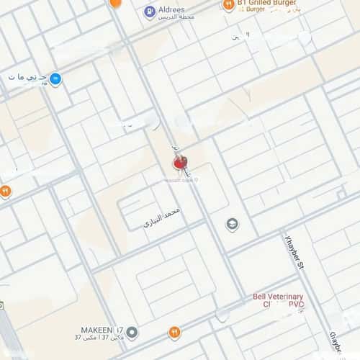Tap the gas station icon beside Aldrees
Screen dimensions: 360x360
coord(150,12)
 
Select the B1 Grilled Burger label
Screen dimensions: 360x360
coord(268,4)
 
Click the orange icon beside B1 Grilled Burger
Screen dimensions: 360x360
coord(228,6)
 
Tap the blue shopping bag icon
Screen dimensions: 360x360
coord(55,78)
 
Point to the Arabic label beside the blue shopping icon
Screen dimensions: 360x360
coord(27,77)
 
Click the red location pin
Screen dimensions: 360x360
coord(179,163)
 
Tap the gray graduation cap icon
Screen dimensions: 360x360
coord(232,225)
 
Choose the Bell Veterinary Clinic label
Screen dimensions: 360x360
coord(278,301)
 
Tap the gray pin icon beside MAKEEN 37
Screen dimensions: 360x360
coord(132,333)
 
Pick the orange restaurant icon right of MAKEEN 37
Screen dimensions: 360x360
coord(174,333)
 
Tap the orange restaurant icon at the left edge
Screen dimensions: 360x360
coord(5,191)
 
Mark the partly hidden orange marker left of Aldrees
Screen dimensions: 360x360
coord(114,3)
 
